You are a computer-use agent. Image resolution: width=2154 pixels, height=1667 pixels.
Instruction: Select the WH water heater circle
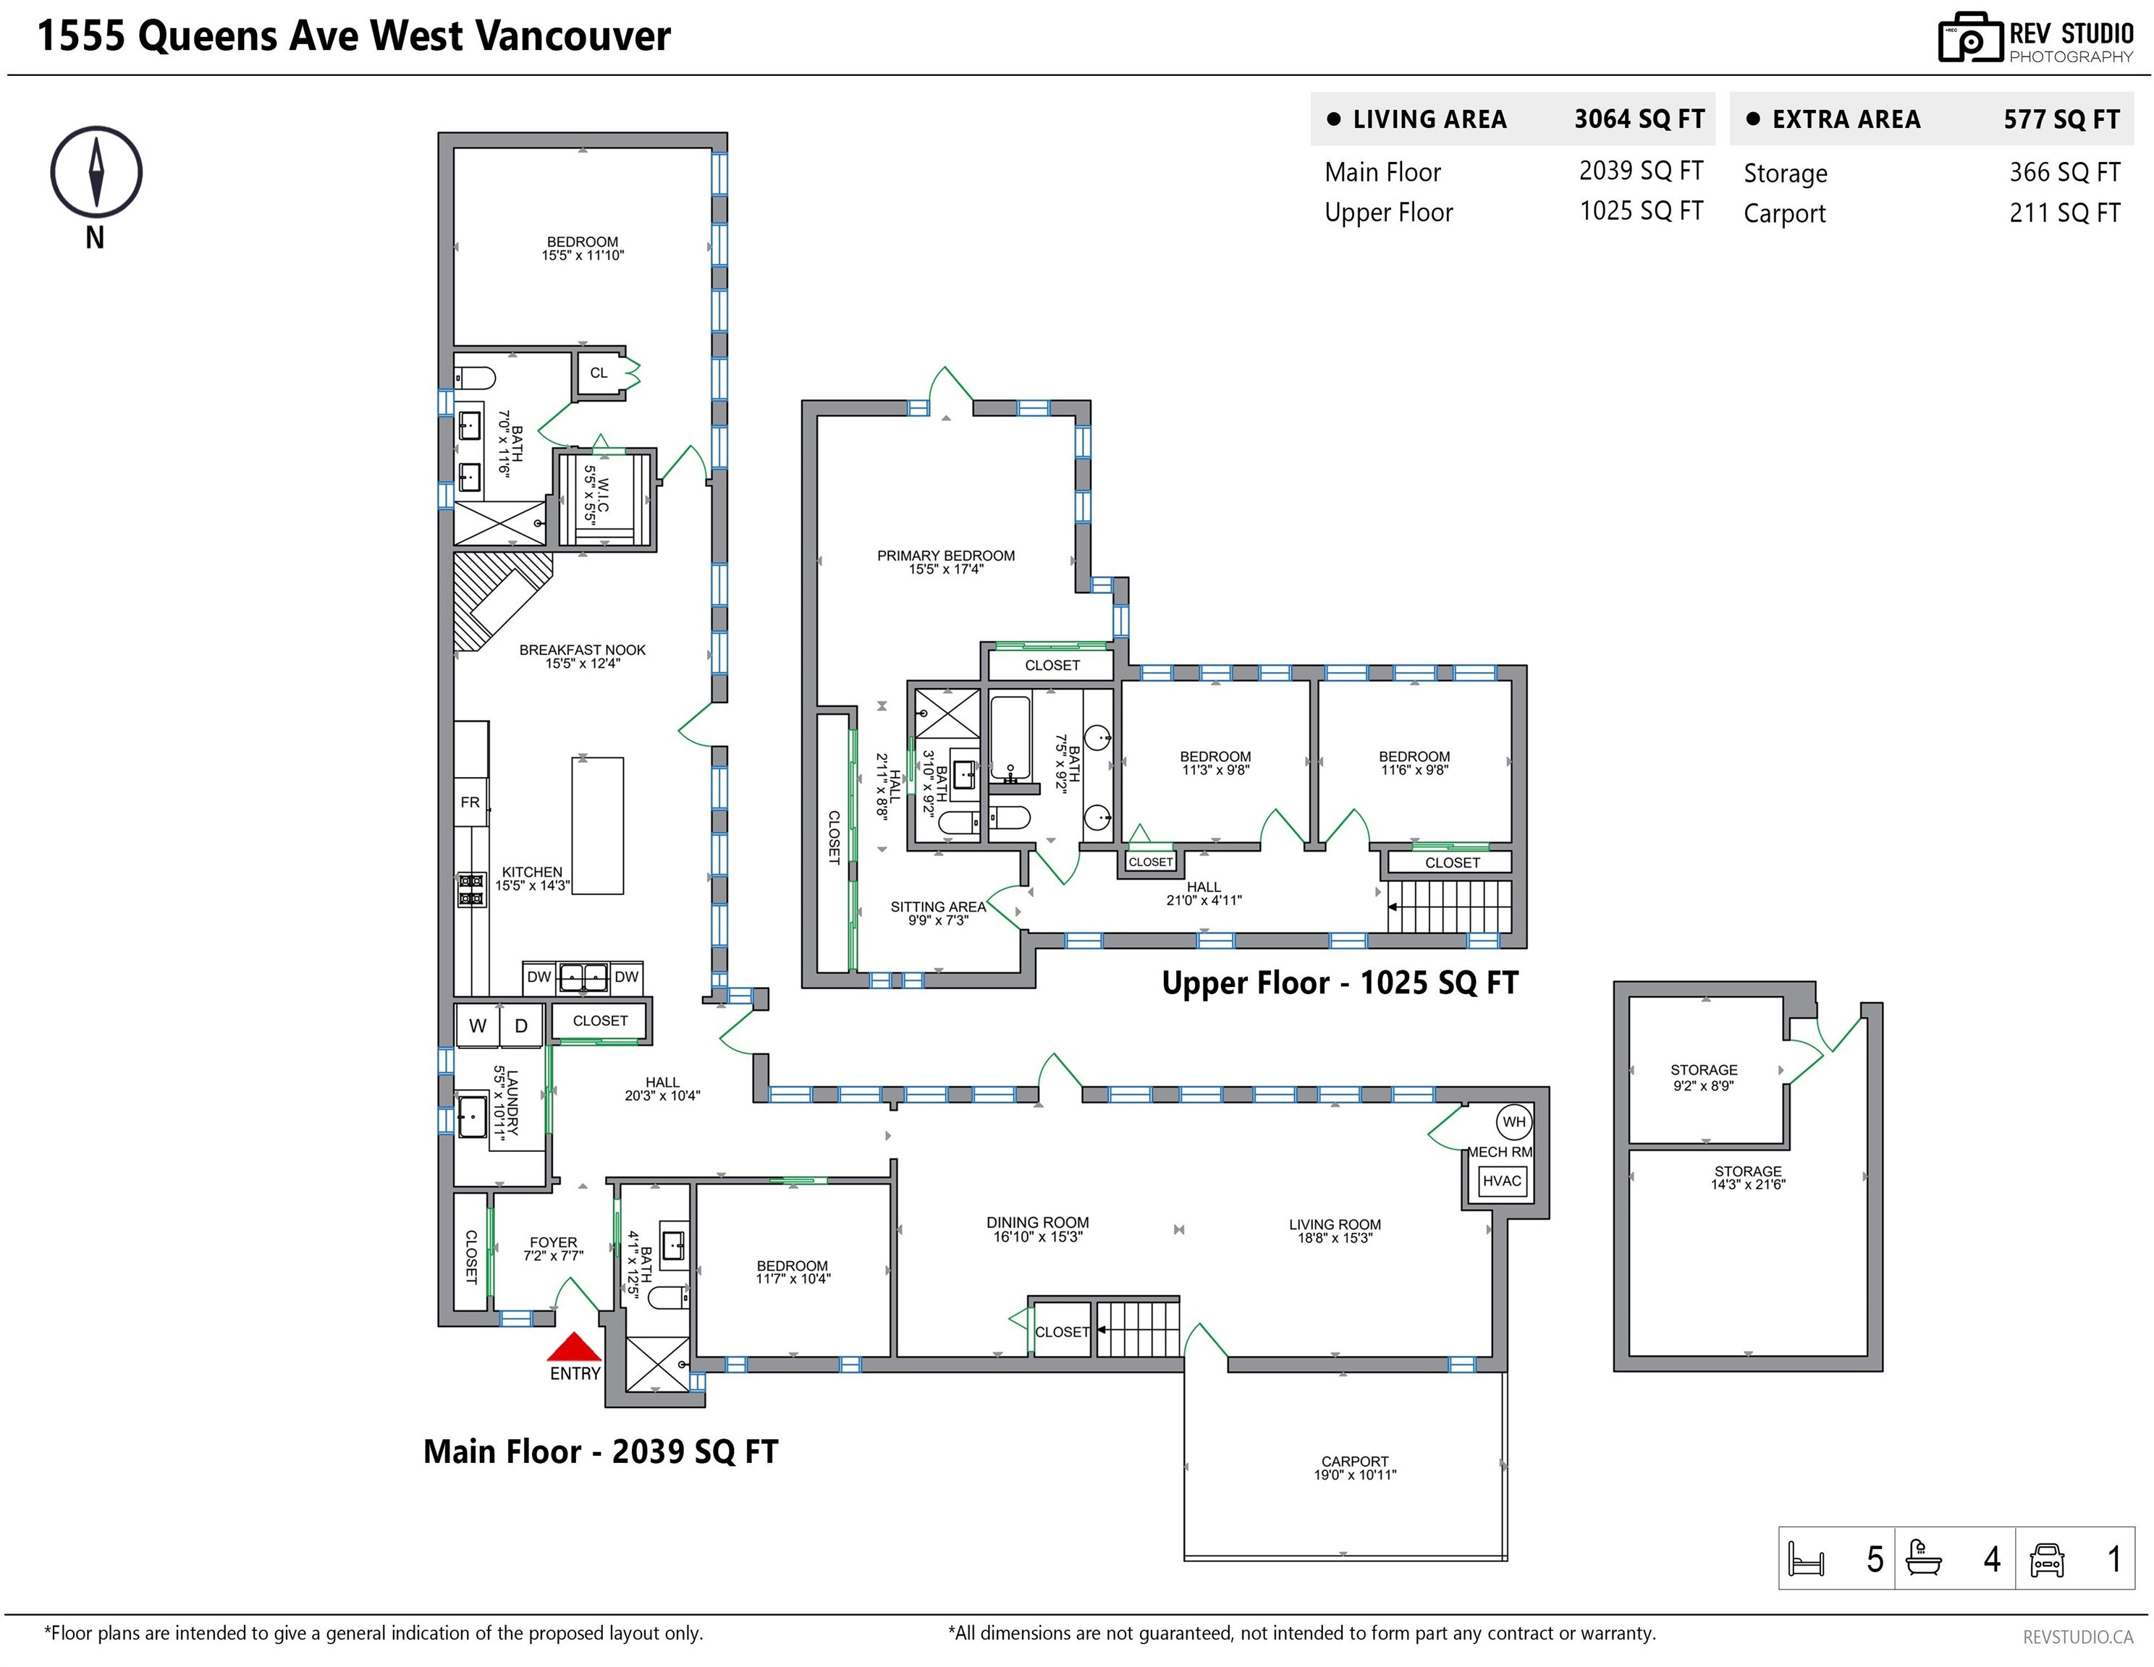pyautogui.click(x=1514, y=1122)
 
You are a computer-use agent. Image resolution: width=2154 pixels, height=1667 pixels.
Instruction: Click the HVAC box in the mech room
pyautogui.click(x=1502, y=1181)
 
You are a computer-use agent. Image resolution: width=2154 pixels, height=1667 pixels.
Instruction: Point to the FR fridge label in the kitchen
pyautogui.click(x=470, y=802)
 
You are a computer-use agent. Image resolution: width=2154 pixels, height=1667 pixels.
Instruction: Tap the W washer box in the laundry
pyautogui.click(x=478, y=1025)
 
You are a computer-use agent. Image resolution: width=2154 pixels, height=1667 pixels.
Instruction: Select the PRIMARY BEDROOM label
pyautogui.click(x=946, y=556)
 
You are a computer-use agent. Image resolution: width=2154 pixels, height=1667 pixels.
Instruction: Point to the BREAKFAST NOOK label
pyautogui.click(x=583, y=650)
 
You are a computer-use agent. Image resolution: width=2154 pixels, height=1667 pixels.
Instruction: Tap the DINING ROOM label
pyautogui.click(x=1037, y=1223)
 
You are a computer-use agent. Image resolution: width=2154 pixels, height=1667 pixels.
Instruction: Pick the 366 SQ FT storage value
pyautogui.click(x=2064, y=172)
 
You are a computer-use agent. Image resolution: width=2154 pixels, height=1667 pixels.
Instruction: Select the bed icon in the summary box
pyautogui.click(x=1806, y=1559)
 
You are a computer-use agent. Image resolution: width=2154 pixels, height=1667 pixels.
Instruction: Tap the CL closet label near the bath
pyautogui.click(x=599, y=373)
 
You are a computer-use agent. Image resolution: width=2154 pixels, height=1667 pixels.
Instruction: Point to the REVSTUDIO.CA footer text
pyautogui.click(x=2078, y=1637)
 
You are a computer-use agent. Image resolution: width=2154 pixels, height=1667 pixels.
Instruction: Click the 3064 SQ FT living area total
pyautogui.click(x=1639, y=119)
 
